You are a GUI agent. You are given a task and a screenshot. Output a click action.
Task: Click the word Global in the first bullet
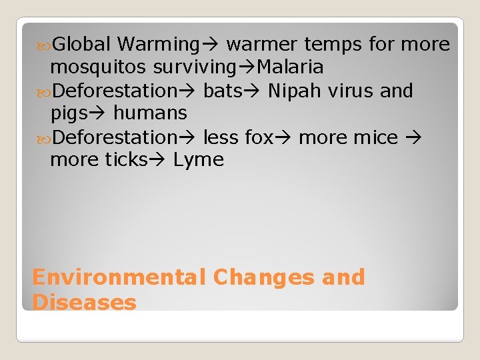click(81, 45)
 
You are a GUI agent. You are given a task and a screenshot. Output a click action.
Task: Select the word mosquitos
click(99, 67)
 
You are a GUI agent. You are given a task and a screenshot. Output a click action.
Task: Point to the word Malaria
click(290, 67)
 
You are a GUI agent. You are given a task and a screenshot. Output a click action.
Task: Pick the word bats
click(225, 91)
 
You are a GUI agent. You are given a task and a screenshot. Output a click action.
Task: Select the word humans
click(150, 113)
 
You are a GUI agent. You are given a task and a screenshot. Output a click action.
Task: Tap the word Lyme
click(199, 160)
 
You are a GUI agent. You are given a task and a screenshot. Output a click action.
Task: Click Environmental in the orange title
click(119, 277)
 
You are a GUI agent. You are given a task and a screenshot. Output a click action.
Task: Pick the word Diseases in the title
click(84, 302)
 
